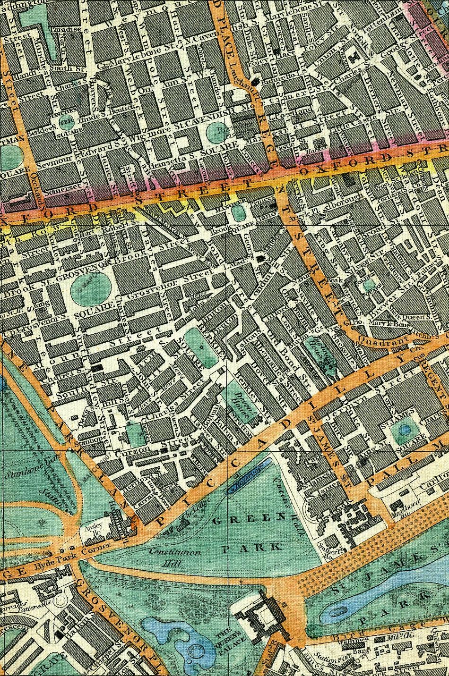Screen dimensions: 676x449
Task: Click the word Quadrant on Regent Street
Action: tap(377, 339)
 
